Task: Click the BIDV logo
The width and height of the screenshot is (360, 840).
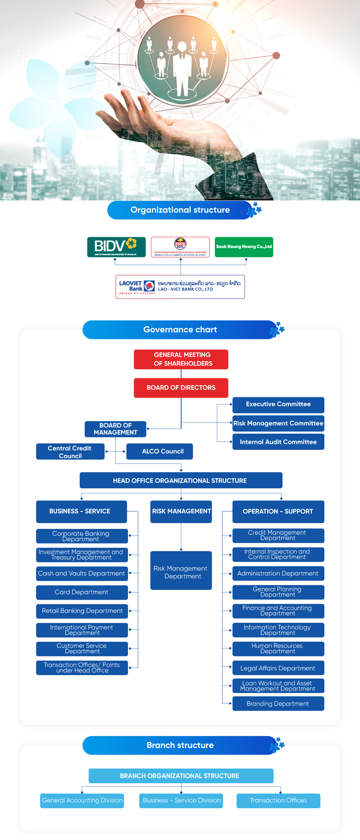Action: click(116, 247)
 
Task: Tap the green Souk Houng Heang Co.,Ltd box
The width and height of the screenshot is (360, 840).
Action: click(244, 247)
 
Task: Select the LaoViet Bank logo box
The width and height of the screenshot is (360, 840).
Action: click(180, 287)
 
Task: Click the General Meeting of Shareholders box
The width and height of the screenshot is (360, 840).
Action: click(181, 359)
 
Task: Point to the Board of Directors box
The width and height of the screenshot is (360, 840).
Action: click(181, 387)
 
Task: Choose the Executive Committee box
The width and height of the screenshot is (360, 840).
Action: click(278, 404)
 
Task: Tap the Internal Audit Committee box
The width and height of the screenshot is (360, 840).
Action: click(278, 442)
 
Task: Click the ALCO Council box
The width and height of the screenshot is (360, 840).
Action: click(160, 451)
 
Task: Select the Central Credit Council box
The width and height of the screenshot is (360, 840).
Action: click(70, 451)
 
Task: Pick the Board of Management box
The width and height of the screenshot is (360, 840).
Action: click(116, 429)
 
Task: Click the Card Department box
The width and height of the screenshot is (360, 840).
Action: click(82, 592)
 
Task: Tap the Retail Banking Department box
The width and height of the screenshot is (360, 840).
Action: click(82, 611)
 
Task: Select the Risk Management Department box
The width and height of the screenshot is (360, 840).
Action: click(181, 570)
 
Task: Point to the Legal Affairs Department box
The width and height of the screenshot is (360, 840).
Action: click(278, 668)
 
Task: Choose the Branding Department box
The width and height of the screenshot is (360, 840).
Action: click(278, 704)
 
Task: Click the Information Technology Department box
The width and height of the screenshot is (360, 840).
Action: click(278, 630)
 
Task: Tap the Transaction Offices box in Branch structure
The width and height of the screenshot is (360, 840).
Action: click(278, 800)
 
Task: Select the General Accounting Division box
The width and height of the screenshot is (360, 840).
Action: click(82, 800)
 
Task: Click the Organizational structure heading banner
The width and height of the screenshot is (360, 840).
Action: click(180, 210)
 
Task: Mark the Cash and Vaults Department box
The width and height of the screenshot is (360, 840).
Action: click(82, 574)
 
